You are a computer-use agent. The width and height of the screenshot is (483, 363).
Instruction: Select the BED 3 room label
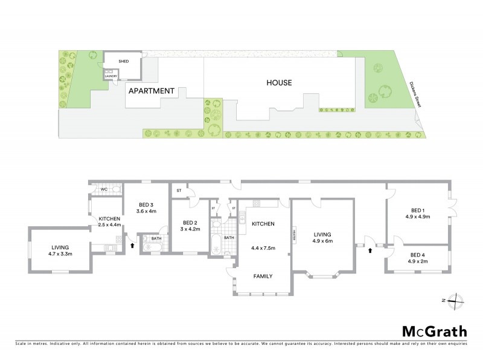click(x=147, y=204)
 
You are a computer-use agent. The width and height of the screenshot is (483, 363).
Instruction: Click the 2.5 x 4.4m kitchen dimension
click(x=110, y=224)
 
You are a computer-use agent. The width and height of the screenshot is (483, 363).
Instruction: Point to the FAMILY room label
click(x=262, y=276)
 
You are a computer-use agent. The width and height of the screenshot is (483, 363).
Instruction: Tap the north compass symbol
click(x=458, y=300)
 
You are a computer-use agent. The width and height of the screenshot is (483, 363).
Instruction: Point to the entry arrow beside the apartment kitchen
click(x=133, y=246)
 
